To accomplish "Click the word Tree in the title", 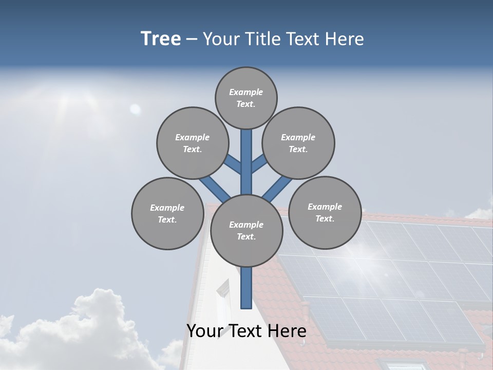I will pyautogui.click(x=161, y=39).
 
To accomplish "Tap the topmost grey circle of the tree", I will pyautogui.click(x=246, y=98).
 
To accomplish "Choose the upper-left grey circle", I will pyautogui.click(x=193, y=143).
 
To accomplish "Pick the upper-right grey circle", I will pyautogui.click(x=298, y=143).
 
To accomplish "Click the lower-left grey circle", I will pyautogui.click(x=167, y=213).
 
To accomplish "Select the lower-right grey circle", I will pyautogui.click(x=325, y=212).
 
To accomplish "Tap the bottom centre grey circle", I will pyautogui.click(x=246, y=231).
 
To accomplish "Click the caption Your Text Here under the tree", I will pyautogui.click(x=246, y=331).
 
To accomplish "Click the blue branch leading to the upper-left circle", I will pyautogui.click(x=232, y=164).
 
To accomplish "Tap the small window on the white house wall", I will pyautogui.click(x=223, y=291).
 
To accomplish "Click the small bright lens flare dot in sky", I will pyautogui.click(x=135, y=109).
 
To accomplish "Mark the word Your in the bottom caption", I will pyautogui.click(x=204, y=331).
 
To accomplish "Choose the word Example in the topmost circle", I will pyautogui.click(x=246, y=92).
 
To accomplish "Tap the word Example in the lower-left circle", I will pyautogui.click(x=167, y=208).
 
